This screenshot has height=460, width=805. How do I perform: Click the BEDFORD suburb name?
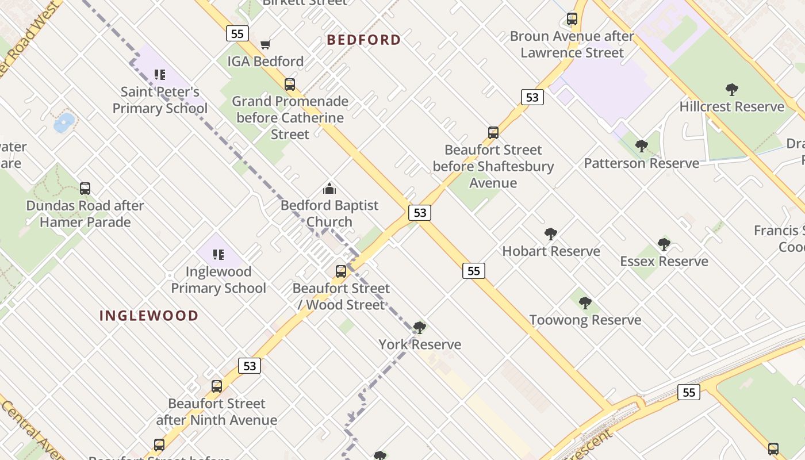(x=363, y=40)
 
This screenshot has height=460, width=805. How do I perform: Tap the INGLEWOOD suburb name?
(x=149, y=315)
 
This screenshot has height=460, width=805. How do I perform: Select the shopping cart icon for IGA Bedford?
(x=265, y=44)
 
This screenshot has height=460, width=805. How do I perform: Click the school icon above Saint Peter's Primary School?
(x=160, y=74)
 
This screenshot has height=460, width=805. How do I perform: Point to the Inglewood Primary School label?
(x=218, y=279)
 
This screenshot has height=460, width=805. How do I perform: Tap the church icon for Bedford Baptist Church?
(x=329, y=188)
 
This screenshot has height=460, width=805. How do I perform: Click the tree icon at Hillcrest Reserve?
(x=731, y=89)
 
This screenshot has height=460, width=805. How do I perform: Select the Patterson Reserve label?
(x=642, y=163)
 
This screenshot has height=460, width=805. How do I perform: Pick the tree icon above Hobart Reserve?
(x=551, y=233)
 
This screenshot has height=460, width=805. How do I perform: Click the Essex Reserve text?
(x=664, y=262)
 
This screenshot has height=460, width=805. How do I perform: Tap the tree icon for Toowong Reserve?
(x=585, y=302)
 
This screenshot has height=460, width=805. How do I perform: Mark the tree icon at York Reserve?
(x=420, y=328)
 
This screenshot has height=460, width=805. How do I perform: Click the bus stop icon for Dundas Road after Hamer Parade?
(x=85, y=188)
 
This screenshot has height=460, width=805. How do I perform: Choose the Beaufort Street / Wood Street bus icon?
(x=341, y=271)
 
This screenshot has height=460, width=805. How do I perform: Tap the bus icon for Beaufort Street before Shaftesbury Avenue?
(x=493, y=132)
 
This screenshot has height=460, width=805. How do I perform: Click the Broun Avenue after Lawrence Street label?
(x=572, y=44)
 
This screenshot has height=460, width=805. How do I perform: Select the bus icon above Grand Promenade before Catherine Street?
(x=290, y=84)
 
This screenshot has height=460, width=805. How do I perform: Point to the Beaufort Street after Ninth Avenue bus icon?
(x=217, y=386)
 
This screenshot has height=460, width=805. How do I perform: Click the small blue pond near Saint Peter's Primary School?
(x=64, y=122)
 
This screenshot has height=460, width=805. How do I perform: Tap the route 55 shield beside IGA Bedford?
(x=237, y=33)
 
